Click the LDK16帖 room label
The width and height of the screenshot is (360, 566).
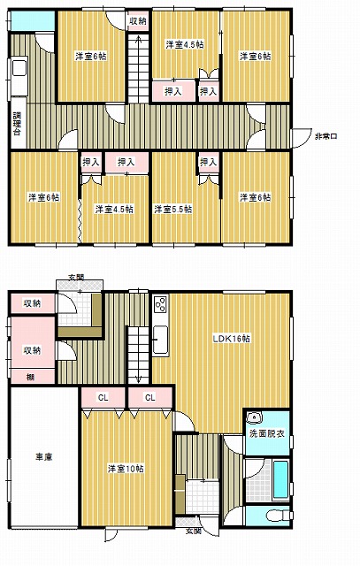(x=232, y=339)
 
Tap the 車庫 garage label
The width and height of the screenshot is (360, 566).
(x=43, y=457)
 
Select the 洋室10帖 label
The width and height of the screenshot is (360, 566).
(x=126, y=469)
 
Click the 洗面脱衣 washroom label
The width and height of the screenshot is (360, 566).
(x=267, y=433)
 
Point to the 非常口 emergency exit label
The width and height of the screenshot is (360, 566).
(x=326, y=136)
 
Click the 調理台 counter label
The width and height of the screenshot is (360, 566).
(x=18, y=124)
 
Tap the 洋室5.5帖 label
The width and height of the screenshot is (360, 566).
(x=173, y=210)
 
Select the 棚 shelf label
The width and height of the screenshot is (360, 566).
(x=31, y=378)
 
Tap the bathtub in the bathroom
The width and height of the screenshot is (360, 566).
(x=280, y=479)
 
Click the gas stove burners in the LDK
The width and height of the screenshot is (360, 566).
(x=161, y=304)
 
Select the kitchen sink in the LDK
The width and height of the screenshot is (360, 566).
(x=160, y=340)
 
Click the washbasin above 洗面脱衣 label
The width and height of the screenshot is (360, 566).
(x=255, y=417)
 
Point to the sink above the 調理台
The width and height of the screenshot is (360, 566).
(x=19, y=68)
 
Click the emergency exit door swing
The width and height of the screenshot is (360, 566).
(x=302, y=138)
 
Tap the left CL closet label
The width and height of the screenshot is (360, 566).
(x=103, y=398)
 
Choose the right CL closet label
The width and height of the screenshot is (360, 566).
(x=150, y=398)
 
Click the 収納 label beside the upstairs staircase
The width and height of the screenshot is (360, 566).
(x=138, y=21)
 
